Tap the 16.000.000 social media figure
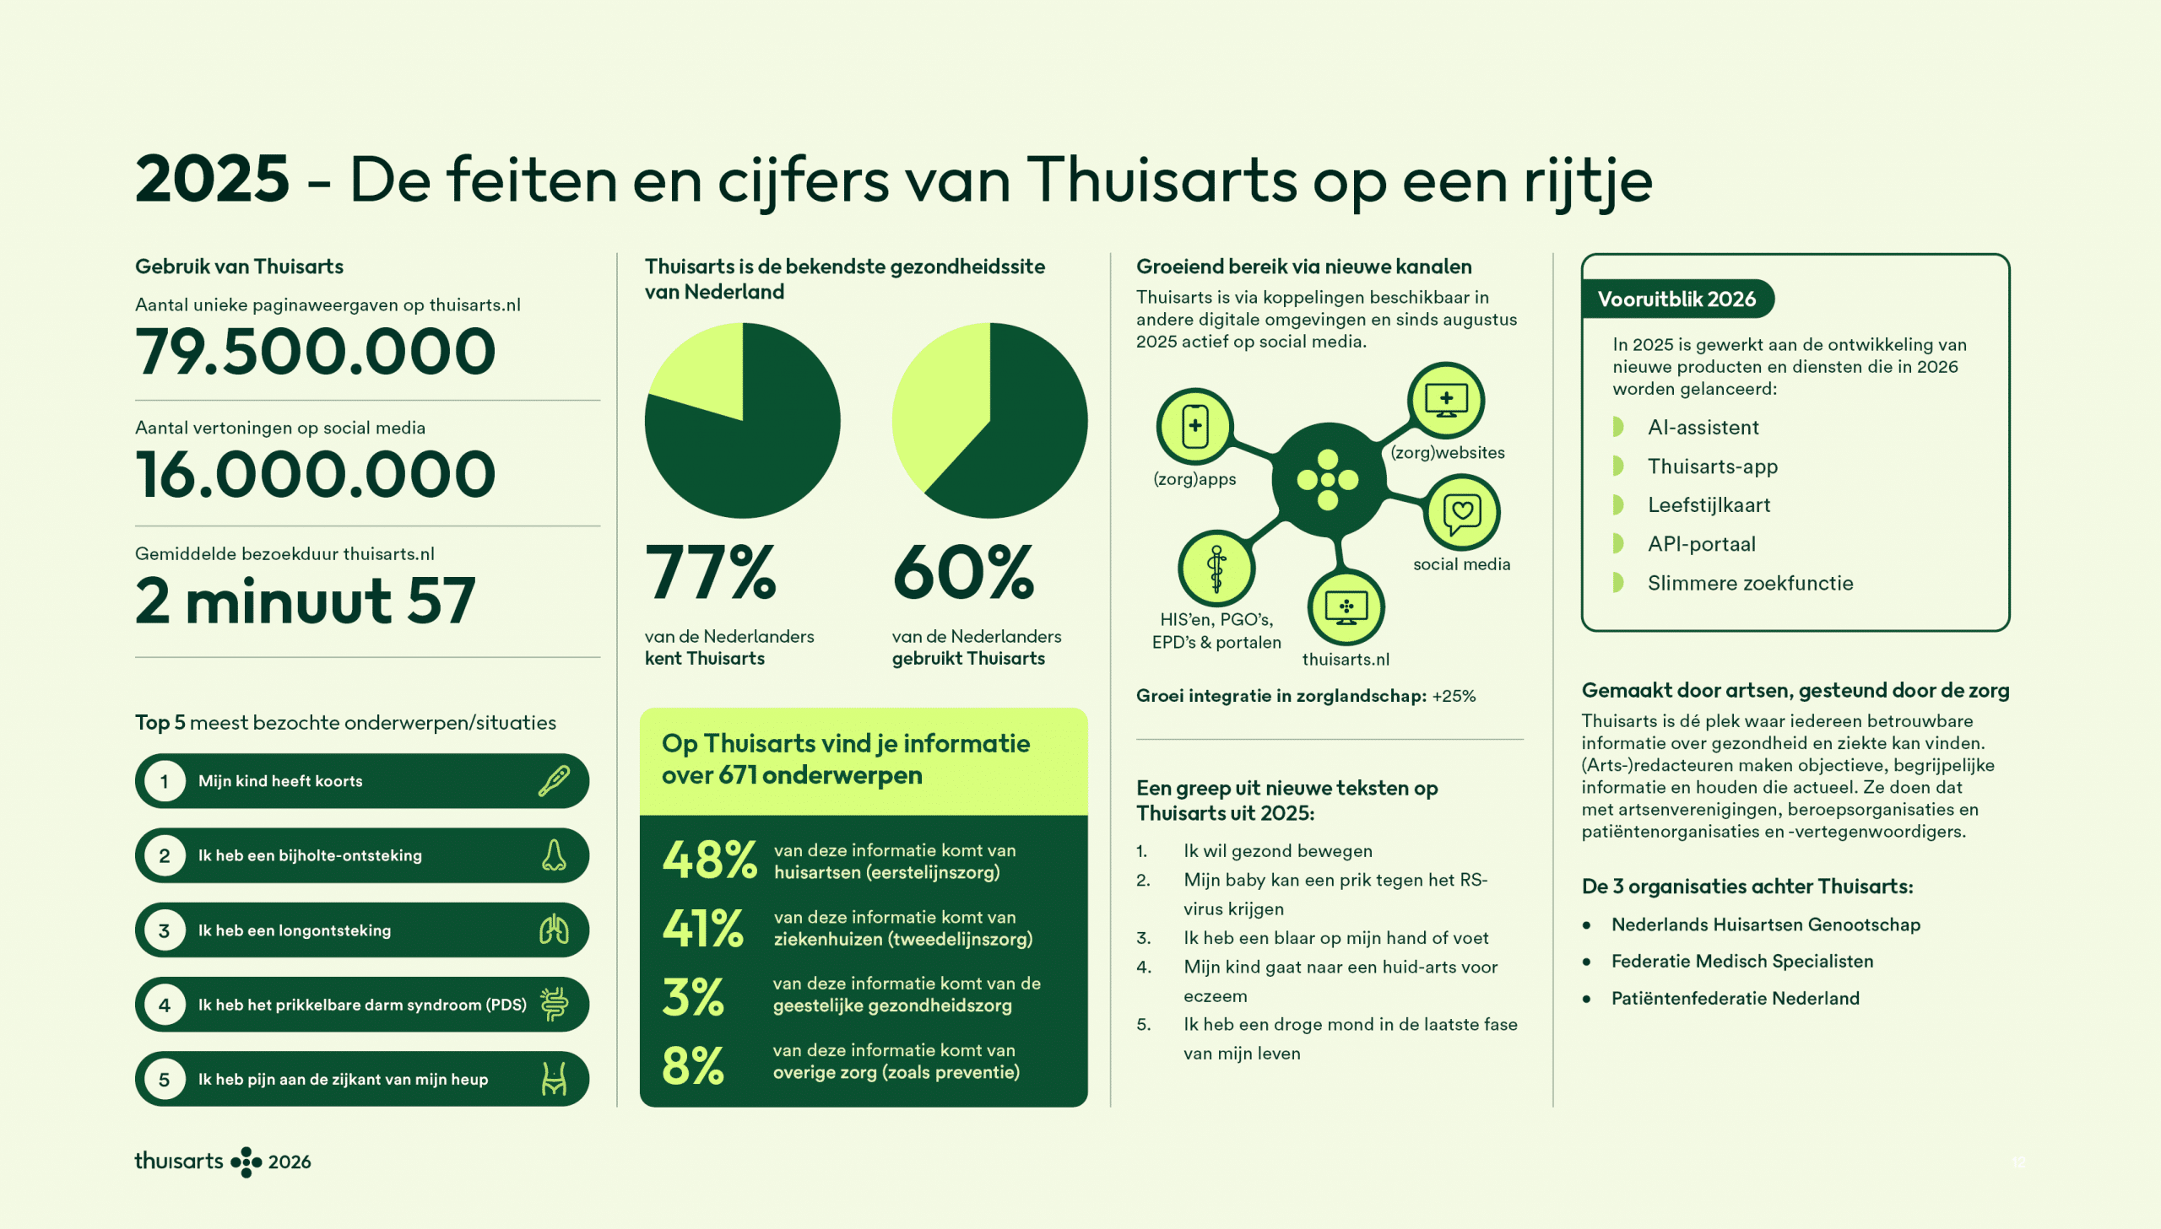pyautogui.click(x=315, y=474)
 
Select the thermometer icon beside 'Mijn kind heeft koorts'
pyautogui.click(x=554, y=781)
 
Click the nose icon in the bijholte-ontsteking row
pyautogui.click(x=554, y=855)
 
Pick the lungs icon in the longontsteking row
pyautogui.click(x=554, y=930)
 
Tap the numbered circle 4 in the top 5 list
pyautogui.click(x=165, y=1005)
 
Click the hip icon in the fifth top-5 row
pyautogui.click(x=554, y=1079)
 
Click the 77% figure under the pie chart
pyautogui.click(x=710, y=572)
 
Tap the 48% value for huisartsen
pyautogui.click(x=708, y=860)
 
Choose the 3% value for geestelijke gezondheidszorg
pyautogui.click(x=693, y=997)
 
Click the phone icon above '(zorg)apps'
pyautogui.click(x=1194, y=426)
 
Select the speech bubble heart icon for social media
pyautogui.click(x=1462, y=512)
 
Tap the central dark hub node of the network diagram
pyautogui.click(x=1328, y=479)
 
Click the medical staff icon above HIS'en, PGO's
pyautogui.click(x=1216, y=569)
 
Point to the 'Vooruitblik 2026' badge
pyautogui.click(x=1676, y=299)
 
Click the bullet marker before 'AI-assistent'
pyautogui.click(x=1618, y=427)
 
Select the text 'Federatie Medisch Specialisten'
pyautogui.click(x=1741, y=962)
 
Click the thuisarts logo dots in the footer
pyautogui.click(x=246, y=1162)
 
